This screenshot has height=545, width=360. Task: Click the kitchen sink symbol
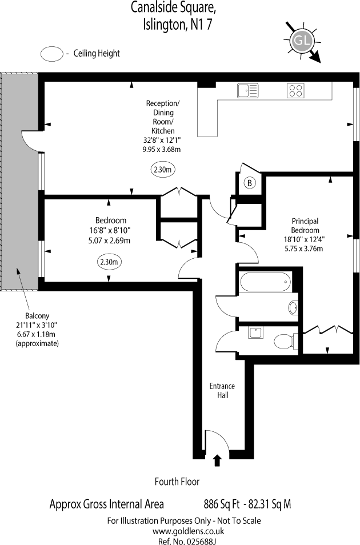click(x=247, y=90)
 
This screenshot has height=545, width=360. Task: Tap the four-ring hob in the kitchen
click(x=295, y=90)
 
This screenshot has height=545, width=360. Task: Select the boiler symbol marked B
click(x=249, y=183)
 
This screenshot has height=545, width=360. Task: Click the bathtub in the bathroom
click(x=266, y=280)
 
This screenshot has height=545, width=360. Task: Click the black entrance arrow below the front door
click(x=217, y=459)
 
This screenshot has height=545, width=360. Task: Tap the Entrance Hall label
click(x=222, y=390)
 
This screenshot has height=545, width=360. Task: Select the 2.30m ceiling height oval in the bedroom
click(x=109, y=262)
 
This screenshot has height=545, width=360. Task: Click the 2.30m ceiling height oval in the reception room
click(x=163, y=170)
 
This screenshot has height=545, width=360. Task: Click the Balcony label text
click(x=37, y=316)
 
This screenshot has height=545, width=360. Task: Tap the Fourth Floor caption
click(x=177, y=482)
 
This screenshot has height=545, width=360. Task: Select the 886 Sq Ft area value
click(x=220, y=504)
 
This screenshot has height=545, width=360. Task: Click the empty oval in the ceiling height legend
click(x=51, y=54)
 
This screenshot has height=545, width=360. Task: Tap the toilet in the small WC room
click(x=284, y=342)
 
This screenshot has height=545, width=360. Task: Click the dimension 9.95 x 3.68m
click(x=162, y=150)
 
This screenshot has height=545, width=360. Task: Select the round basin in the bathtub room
click(x=293, y=308)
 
